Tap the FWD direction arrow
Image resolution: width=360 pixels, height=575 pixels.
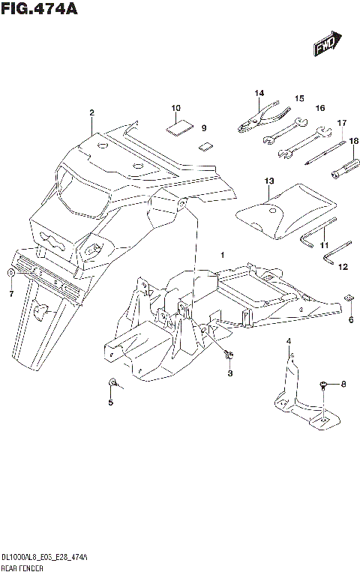click(x=327, y=45)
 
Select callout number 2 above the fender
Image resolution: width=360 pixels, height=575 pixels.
click(x=91, y=113)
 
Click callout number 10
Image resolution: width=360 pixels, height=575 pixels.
click(x=175, y=107)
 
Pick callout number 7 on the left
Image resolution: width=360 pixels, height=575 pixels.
click(x=11, y=294)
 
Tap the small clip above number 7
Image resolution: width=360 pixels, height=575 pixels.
click(x=10, y=271)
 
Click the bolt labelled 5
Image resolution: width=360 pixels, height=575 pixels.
click(x=112, y=385)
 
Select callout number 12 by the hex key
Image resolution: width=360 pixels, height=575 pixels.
click(x=343, y=266)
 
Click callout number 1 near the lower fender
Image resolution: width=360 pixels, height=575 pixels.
click(x=221, y=256)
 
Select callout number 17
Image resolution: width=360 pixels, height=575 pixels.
click(x=341, y=123)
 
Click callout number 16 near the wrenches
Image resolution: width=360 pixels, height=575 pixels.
click(x=319, y=108)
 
